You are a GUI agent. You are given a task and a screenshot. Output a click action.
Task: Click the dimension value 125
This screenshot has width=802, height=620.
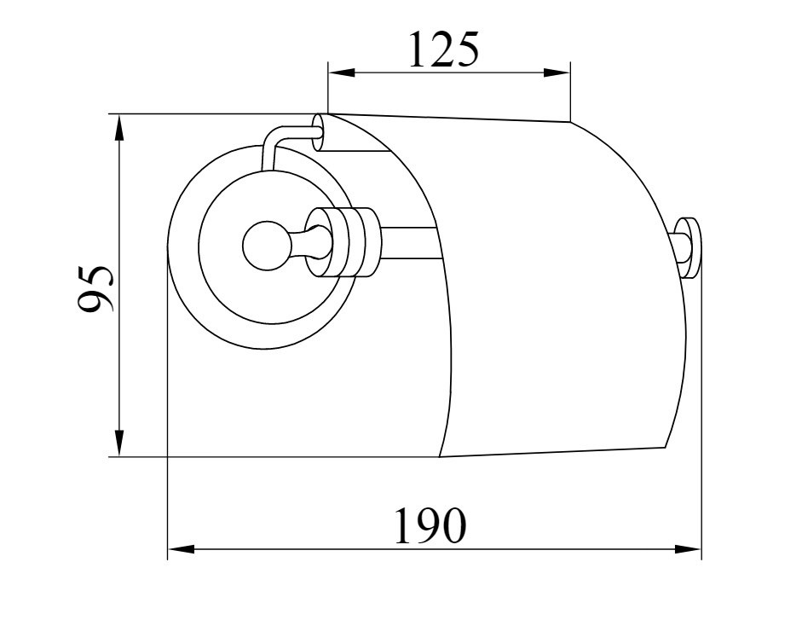[x=443, y=49]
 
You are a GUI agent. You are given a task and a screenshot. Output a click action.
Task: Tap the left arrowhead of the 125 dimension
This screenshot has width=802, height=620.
[x=341, y=72]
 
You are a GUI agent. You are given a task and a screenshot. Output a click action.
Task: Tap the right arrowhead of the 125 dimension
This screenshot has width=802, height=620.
[x=557, y=72]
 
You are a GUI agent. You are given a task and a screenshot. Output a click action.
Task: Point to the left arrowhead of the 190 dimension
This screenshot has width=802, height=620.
[x=181, y=549]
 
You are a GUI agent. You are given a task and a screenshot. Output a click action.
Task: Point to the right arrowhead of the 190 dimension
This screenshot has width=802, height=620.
[x=688, y=549]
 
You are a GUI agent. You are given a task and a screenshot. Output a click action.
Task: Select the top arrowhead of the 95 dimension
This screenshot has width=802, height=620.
[x=118, y=127]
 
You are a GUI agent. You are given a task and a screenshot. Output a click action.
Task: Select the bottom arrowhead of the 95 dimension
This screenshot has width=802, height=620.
[x=118, y=443]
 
